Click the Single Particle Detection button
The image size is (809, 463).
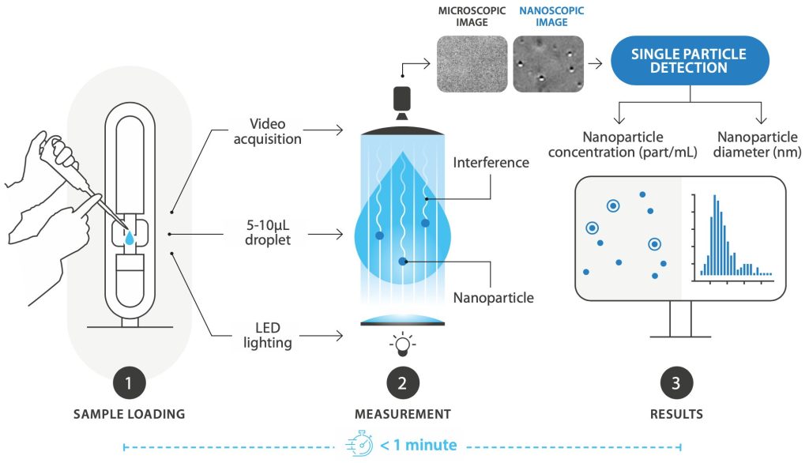click(689, 60)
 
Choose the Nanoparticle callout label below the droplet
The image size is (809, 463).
click(493, 298)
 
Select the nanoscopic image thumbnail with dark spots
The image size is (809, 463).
click(548, 62)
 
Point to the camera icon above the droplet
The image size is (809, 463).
click(403, 99)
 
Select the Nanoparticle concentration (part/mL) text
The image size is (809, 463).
click(639, 145)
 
